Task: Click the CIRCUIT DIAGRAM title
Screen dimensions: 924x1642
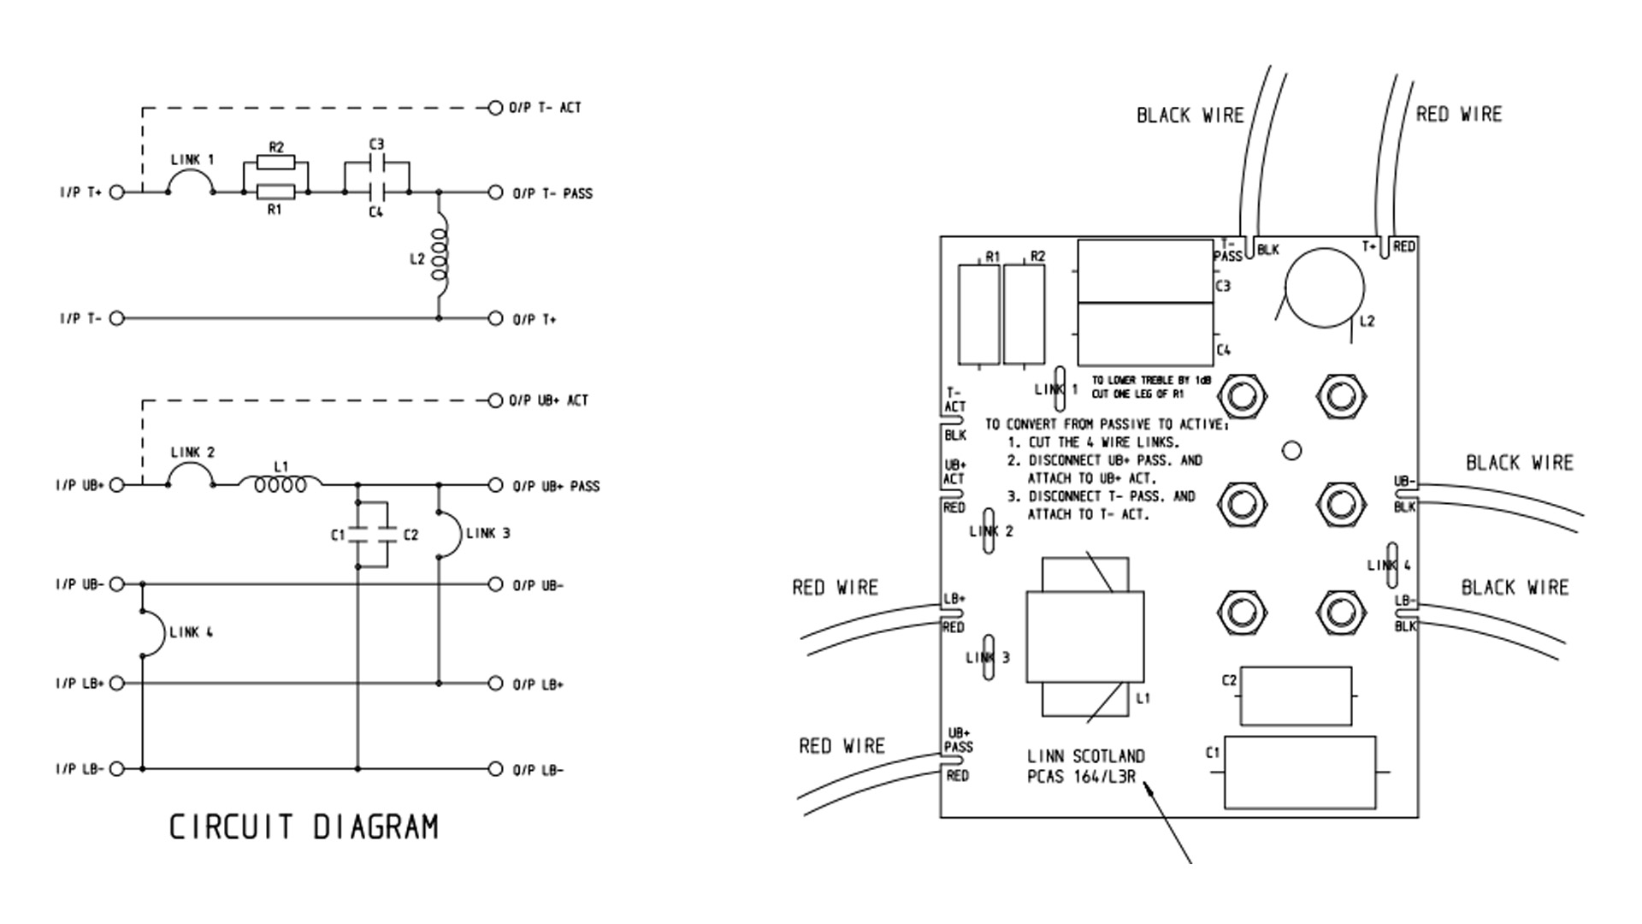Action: tap(304, 827)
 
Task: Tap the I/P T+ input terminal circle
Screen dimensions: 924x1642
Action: tap(117, 192)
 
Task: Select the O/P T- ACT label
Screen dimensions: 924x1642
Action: tap(545, 108)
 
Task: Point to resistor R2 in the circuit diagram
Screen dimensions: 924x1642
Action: tap(275, 163)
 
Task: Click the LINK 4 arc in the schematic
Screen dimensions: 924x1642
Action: tap(152, 633)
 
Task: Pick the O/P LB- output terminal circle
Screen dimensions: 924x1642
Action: tap(495, 769)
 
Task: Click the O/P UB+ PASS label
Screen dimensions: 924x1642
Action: tap(556, 486)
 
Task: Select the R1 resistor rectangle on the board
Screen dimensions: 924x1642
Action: tap(980, 314)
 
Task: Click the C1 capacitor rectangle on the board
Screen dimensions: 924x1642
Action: tap(1300, 773)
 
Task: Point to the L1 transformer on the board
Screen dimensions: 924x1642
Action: tap(1085, 637)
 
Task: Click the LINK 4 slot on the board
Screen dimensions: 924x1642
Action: tap(1392, 566)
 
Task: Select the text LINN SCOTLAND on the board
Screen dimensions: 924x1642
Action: tap(1085, 756)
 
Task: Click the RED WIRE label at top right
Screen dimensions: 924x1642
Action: tap(1458, 115)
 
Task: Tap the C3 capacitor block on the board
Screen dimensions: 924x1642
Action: tap(1146, 271)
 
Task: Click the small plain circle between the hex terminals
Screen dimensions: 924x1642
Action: tap(1292, 450)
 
